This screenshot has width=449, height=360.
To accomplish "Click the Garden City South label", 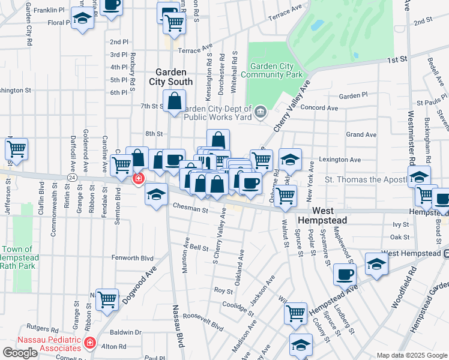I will coord(174,76).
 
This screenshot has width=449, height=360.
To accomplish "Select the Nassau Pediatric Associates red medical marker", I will coord(90,343).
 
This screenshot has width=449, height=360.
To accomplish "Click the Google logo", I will coord(20,353).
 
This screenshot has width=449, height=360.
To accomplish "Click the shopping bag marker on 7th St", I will coord(175,102).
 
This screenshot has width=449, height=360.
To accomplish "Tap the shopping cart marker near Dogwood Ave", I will coord(107,299).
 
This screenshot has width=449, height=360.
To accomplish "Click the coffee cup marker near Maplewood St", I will coord(345,274).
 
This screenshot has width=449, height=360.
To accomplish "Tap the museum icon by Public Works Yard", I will coord(261,112).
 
